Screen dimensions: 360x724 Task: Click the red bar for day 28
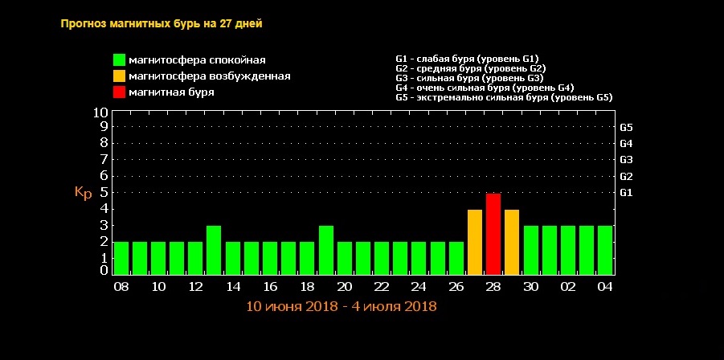click(493, 234)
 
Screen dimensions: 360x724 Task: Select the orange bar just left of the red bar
click(475, 242)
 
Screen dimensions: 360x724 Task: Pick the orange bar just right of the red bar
click(512, 242)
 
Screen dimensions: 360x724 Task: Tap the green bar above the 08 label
click(121, 258)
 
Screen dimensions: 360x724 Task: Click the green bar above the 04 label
click(605, 250)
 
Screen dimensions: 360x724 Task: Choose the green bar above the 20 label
click(345, 258)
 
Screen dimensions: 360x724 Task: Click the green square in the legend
click(119, 60)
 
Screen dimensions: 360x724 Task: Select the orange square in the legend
click(119, 76)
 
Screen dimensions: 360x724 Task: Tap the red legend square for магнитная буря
click(119, 92)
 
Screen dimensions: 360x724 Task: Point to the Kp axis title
click(84, 193)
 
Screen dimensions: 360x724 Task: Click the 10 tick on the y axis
click(100, 112)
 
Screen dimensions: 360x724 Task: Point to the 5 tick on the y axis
click(104, 193)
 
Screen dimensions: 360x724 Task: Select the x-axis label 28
click(493, 287)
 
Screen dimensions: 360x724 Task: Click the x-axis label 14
click(233, 287)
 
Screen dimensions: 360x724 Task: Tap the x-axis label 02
click(567, 287)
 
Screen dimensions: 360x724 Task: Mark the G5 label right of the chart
click(627, 127)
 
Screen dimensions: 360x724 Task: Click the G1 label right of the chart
click(627, 193)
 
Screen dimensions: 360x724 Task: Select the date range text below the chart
click(341, 306)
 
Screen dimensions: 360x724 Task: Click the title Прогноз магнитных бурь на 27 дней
click(162, 23)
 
